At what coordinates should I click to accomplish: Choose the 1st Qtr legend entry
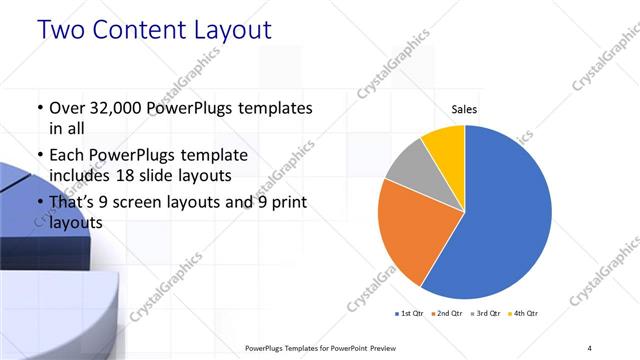point(411,313)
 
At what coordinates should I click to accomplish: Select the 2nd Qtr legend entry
point(448,313)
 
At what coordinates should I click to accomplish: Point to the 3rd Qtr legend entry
point(486,313)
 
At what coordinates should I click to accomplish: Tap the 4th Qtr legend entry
point(524,313)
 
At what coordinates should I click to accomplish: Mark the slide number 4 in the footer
point(590,347)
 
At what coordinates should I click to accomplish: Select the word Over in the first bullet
point(68,108)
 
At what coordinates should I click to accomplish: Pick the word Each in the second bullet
point(68,155)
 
